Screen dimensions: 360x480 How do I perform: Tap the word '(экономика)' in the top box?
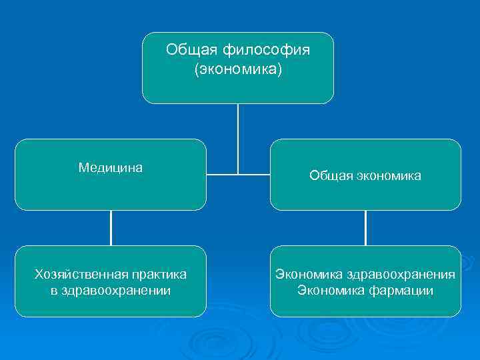[x=238, y=69]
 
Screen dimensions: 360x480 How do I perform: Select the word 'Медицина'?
[x=111, y=167]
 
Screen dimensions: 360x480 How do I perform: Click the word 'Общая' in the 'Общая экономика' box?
[x=329, y=175]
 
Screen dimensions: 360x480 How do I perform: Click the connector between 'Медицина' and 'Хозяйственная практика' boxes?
[x=111, y=228]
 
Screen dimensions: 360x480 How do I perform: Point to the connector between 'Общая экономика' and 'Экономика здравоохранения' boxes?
[x=365, y=228]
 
